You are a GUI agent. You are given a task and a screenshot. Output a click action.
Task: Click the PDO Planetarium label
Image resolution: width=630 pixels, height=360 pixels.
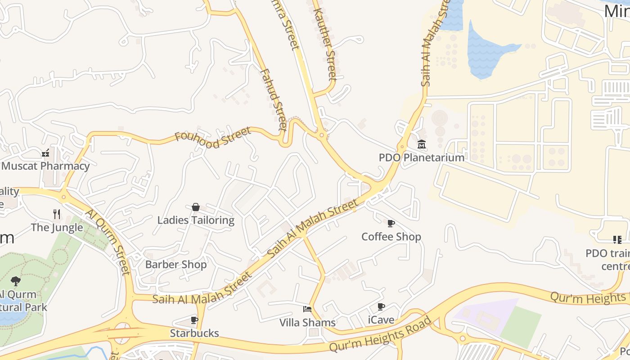tap(421, 157)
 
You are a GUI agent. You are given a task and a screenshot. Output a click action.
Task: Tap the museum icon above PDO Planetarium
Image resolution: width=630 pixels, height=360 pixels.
tap(422, 144)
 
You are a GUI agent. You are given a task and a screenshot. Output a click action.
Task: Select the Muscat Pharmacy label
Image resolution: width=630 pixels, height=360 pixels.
tap(45, 166)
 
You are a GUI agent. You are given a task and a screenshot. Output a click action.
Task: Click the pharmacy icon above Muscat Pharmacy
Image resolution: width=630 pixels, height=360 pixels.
tap(45, 153)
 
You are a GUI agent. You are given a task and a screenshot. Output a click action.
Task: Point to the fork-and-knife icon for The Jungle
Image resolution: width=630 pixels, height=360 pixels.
tap(57, 214)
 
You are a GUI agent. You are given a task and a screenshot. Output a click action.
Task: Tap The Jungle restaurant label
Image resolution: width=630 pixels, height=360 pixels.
tap(57, 227)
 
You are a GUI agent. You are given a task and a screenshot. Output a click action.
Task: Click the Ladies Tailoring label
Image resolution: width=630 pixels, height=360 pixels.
tap(196, 220)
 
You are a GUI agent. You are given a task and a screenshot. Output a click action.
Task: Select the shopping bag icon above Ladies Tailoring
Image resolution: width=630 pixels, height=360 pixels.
tap(196, 207)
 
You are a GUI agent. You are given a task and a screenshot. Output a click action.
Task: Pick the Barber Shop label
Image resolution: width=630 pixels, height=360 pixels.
tap(176, 264)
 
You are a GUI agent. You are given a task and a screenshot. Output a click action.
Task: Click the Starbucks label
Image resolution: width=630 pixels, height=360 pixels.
tap(194, 333)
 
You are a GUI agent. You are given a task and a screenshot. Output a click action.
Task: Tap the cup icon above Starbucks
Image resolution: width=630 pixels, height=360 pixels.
tap(194, 320)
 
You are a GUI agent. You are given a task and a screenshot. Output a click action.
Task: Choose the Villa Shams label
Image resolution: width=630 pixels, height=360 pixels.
tap(307, 322)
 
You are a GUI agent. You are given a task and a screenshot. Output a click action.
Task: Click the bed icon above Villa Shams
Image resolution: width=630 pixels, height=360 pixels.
tap(307, 309)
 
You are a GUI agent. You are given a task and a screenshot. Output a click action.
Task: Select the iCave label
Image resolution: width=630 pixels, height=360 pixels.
tap(381, 320)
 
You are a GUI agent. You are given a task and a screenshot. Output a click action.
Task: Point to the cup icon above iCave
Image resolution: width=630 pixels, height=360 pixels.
tap(381, 307)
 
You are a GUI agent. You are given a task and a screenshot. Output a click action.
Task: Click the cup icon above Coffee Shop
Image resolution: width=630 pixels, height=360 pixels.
tap(391, 223)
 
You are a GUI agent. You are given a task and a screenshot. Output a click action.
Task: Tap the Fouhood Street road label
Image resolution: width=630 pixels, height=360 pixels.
tap(213, 137)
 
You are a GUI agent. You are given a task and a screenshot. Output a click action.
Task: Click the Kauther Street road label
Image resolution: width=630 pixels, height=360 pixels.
tap(324, 44)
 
